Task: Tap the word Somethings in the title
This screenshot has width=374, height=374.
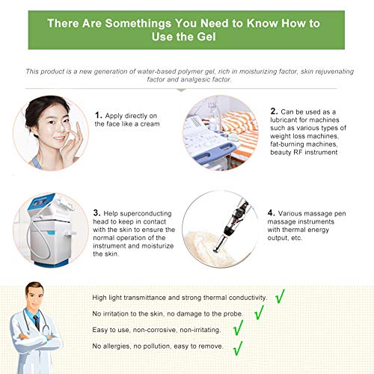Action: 138,23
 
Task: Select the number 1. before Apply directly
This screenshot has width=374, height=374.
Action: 99,115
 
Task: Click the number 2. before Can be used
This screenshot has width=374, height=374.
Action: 274,111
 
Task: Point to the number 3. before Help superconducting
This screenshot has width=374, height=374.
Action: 97,213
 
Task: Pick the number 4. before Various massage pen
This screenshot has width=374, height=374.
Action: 272,213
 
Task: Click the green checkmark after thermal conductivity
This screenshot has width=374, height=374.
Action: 280,296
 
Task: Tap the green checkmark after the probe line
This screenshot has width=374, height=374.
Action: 259,312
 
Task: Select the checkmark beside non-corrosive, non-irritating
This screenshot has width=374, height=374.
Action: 238,328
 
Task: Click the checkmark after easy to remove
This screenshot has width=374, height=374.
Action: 238,349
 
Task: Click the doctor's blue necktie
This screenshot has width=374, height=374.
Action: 37,322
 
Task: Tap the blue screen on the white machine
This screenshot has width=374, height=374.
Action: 40,201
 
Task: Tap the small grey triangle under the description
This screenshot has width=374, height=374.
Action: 181,90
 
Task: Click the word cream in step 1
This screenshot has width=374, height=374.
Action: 150,124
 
